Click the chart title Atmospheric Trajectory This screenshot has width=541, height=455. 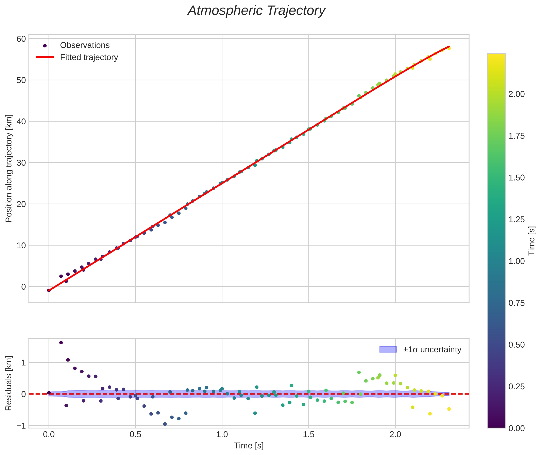point(256,11)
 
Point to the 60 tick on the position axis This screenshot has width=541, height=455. point(21,39)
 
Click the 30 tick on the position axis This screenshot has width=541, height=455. point(21,163)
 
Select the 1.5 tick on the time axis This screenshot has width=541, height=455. point(308,434)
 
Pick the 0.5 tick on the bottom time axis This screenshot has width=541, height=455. point(135,434)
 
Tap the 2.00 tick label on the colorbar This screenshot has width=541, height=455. point(517,94)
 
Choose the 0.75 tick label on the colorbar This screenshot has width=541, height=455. point(517,303)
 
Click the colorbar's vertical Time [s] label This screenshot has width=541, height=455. point(532,241)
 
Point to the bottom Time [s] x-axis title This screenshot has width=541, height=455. point(249,446)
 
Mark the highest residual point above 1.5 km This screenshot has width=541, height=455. point(61,343)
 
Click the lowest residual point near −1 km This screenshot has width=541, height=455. point(165,424)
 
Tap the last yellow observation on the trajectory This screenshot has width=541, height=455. point(449,48)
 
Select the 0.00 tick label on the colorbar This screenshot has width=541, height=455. point(517,428)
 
